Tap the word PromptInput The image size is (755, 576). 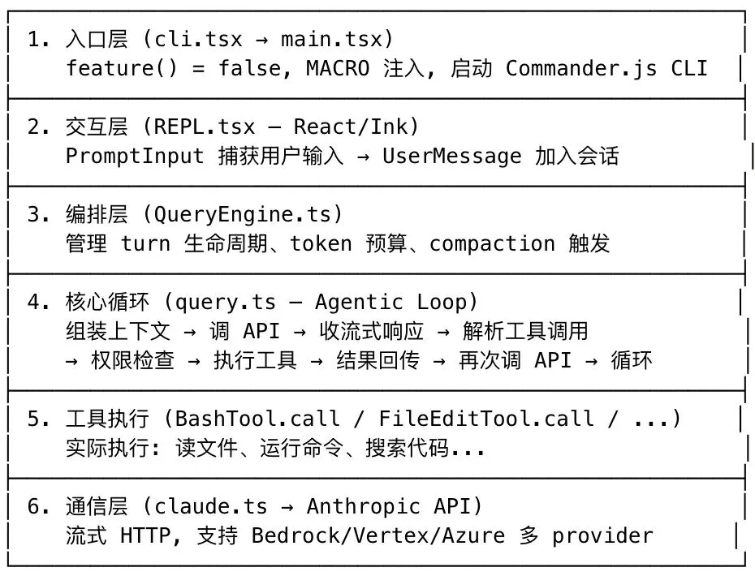click(x=135, y=156)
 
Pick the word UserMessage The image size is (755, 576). click(x=451, y=156)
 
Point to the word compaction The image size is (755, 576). click(x=492, y=243)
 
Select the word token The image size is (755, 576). click(x=321, y=243)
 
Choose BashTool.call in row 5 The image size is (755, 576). click(x=257, y=419)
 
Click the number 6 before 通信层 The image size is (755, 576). click(x=34, y=506)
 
